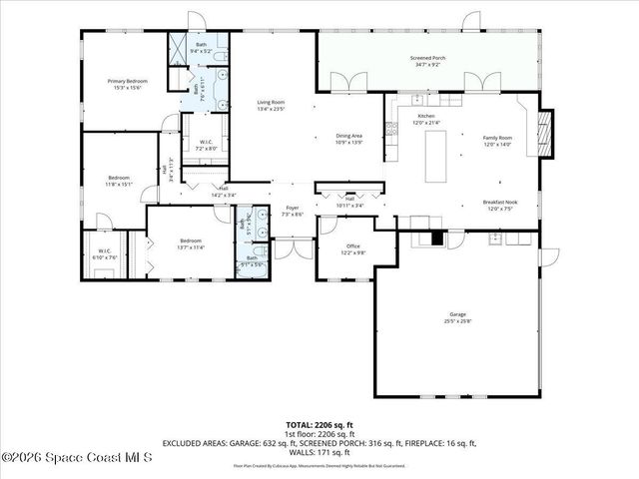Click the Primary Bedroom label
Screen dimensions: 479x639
(x=128, y=84)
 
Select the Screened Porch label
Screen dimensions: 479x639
(x=427, y=62)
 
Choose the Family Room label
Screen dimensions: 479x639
(x=497, y=141)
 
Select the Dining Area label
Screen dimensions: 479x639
(x=348, y=139)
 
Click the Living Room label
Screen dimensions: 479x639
(x=272, y=106)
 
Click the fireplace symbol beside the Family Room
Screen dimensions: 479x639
(x=544, y=133)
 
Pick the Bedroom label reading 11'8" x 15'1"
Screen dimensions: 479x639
(x=120, y=181)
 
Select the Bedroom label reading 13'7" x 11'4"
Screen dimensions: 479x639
(x=190, y=243)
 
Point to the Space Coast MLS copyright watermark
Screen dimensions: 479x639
(x=76, y=458)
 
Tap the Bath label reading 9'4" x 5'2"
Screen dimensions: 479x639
(x=201, y=48)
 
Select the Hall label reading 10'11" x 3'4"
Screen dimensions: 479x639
(x=350, y=202)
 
